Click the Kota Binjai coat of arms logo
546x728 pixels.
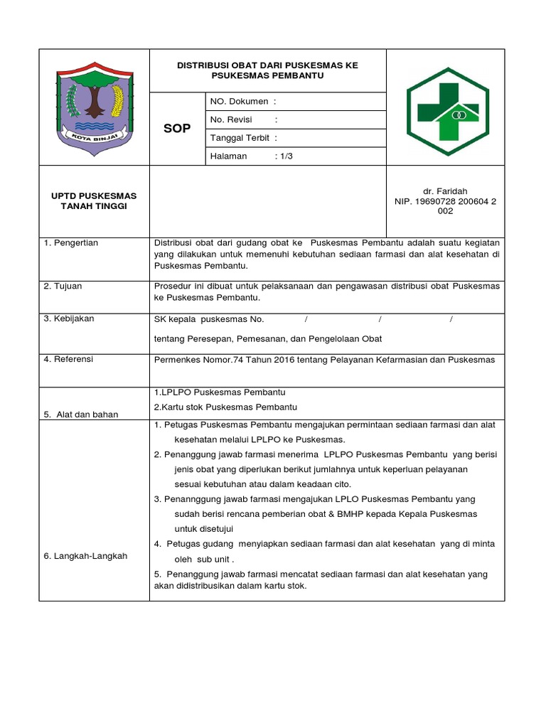tap(94, 107)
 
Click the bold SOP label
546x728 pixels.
tap(177, 129)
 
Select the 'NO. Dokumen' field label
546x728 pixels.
tap(238, 102)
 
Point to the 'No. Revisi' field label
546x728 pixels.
tap(232, 120)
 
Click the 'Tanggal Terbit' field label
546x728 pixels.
tap(240, 138)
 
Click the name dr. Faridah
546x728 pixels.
tap(445, 192)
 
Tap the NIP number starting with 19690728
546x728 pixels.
tap(445, 201)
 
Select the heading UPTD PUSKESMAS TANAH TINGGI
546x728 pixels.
tap(94, 200)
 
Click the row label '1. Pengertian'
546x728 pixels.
tap(71, 243)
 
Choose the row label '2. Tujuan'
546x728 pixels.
tap(63, 286)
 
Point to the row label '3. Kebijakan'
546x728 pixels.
tap(69, 318)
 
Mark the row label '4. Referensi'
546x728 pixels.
tap(68, 359)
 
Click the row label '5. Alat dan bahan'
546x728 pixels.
tap(81, 414)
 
